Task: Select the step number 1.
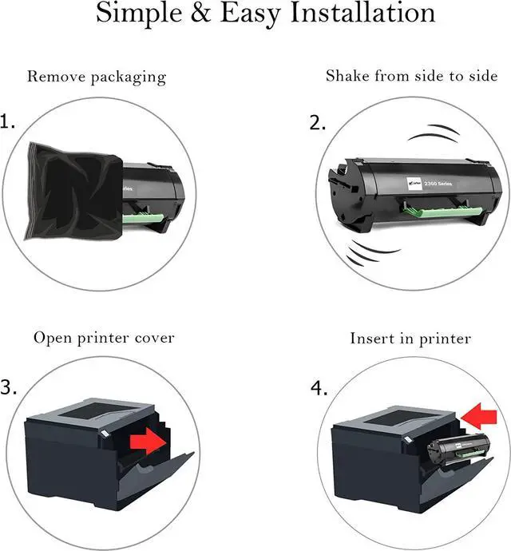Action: pos(8,122)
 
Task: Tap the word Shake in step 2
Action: pos(346,76)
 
